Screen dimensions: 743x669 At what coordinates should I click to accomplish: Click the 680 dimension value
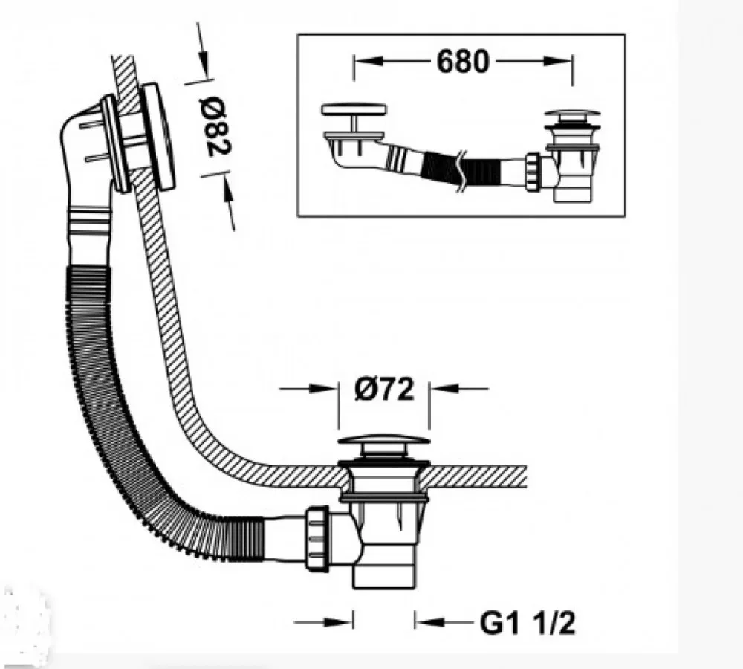(x=462, y=62)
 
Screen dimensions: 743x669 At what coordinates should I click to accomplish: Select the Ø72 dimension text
(x=384, y=390)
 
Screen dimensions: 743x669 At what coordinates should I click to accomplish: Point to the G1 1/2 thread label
(x=528, y=623)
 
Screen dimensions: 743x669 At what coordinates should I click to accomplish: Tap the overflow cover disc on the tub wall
(x=158, y=137)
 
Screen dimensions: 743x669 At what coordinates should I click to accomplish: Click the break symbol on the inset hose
(x=460, y=171)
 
